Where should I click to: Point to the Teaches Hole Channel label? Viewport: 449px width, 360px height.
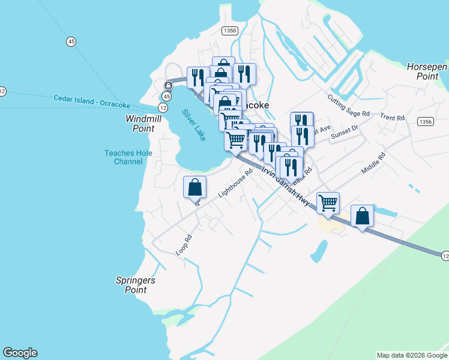[128, 157]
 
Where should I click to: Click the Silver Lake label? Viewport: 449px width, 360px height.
[194, 124]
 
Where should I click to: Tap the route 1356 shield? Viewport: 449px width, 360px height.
[425, 122]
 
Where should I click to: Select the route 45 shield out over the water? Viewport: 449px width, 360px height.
[71, 41]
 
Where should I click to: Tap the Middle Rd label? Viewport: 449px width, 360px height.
[373, 163]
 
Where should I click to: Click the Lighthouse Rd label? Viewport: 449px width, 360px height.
[235, 183]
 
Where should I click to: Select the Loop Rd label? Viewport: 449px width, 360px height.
[184, 245]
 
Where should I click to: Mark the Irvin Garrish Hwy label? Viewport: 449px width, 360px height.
[286, 186]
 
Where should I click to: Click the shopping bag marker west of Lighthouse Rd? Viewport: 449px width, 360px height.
[194, 187]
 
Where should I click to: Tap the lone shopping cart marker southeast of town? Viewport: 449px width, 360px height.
[328, 203]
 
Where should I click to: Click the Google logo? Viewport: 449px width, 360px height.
[20, 353]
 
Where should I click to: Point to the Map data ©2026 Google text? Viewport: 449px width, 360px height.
[412, 355]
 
